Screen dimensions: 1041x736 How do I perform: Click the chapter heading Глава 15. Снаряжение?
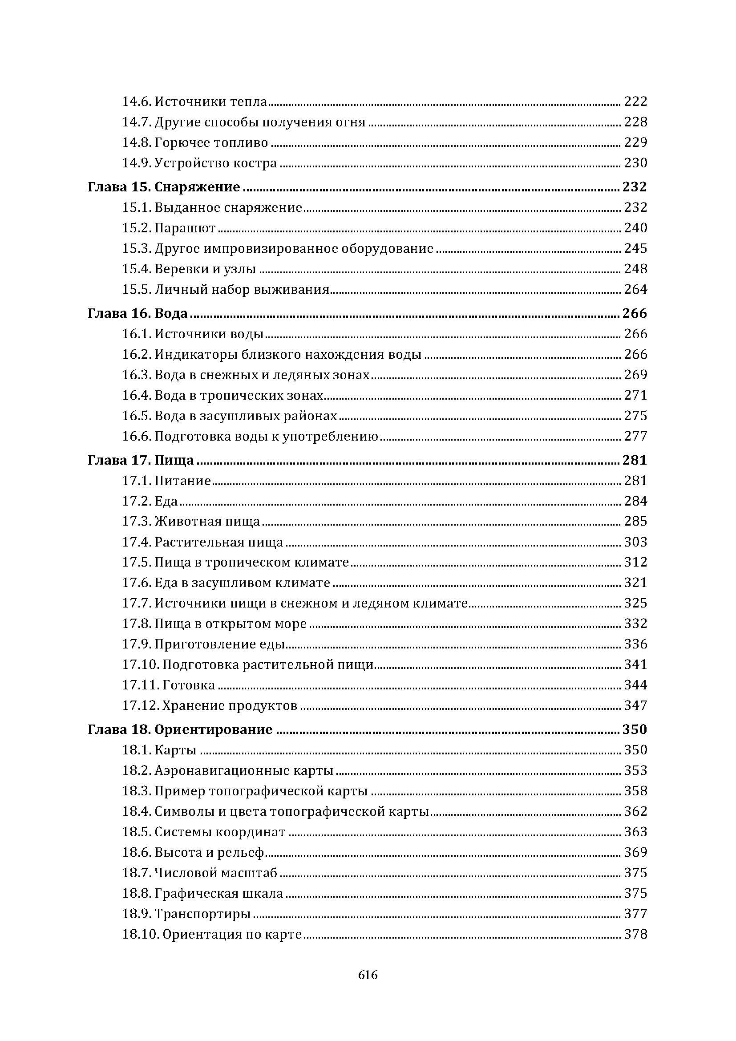coord(164,187)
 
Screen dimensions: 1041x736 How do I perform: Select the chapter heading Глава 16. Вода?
coord(137,313)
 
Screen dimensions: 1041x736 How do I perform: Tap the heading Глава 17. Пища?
coord(141,460)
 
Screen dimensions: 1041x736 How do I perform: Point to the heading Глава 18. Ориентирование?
coord(180,729)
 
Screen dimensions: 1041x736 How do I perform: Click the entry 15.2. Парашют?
coord(169,227)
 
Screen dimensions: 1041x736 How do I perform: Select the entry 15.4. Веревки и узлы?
coord(189,269)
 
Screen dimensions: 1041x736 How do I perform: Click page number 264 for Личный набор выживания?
coord(635,289)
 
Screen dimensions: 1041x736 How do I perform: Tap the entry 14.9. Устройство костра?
coord(199,163)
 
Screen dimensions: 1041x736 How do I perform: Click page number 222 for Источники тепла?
coord(635,101)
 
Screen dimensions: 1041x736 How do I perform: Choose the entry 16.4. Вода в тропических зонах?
coord(222,395)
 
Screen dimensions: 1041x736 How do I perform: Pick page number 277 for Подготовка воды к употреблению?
coord(635,436)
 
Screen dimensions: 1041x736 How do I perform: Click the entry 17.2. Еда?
coord(150,501)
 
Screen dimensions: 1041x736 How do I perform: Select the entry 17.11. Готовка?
coord(168,685)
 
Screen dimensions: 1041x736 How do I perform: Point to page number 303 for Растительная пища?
coord(635,542)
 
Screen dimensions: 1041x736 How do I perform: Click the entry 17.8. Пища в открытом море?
coord(214,624)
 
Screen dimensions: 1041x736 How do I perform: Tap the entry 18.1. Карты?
coord(158,750)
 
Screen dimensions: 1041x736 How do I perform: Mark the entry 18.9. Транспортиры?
coord(186,914)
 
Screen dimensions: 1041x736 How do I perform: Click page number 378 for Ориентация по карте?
coord(635,934)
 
